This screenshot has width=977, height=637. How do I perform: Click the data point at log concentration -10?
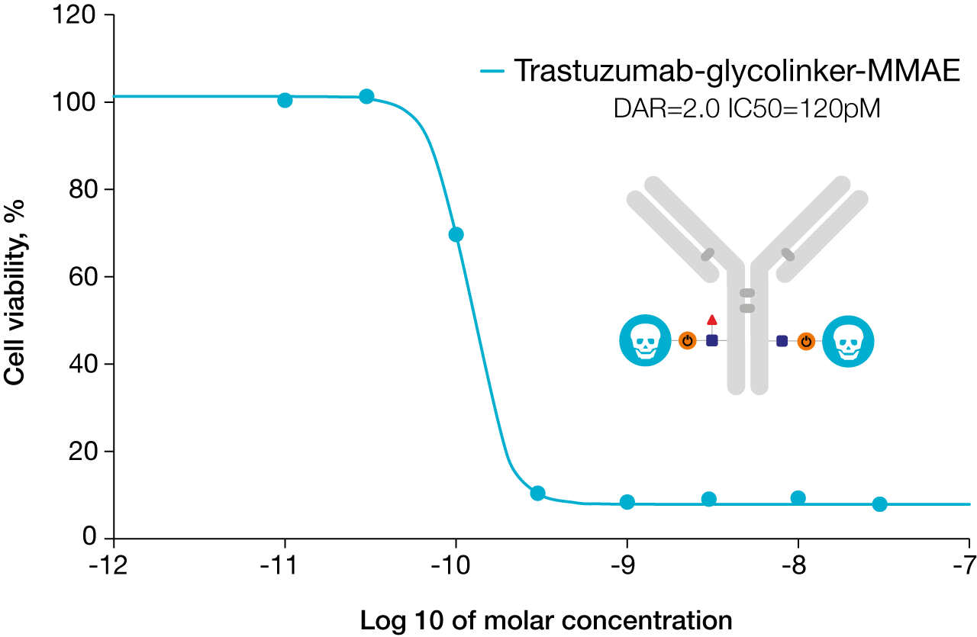456,234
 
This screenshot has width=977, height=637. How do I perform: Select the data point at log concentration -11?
285,100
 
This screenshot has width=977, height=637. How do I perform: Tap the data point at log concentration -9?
627,502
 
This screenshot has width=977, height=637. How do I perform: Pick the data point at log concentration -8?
798,498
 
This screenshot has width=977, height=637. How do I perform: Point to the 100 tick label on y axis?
73,103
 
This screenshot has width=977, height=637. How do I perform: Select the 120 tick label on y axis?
73,14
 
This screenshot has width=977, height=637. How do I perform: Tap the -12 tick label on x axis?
108,565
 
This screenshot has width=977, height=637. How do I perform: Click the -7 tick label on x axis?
965,565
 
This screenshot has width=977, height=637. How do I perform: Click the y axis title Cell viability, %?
14,292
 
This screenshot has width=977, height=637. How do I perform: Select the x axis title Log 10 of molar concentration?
546,620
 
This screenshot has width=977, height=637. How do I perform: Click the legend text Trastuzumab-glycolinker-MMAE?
737,70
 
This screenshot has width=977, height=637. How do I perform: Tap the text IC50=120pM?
804,108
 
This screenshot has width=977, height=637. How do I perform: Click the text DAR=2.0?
666,108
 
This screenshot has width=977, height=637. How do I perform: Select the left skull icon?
645,340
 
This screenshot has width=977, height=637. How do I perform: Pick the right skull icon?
848,341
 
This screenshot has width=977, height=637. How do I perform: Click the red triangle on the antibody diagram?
712,320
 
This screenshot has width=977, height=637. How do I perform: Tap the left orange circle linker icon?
688,340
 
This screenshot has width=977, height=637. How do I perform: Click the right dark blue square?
782,341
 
